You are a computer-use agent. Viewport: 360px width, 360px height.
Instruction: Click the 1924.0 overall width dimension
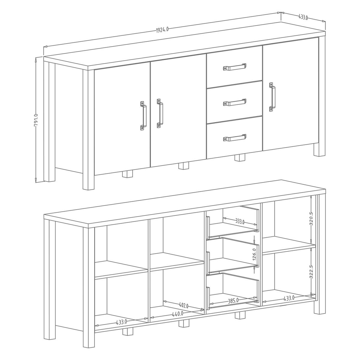coord(162,29)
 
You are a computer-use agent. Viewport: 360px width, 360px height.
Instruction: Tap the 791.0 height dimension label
coord(36,121)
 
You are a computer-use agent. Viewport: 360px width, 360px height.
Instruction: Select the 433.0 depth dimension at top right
coord(303,17)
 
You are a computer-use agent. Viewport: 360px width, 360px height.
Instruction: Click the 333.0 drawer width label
coord(240,222)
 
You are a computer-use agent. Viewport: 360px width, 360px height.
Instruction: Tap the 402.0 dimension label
coord(184,311)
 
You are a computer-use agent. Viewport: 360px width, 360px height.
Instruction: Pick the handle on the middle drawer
coord(235,102)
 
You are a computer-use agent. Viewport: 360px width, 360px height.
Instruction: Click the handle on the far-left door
coord(143,115)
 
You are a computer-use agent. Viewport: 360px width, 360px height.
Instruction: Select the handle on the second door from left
coord(160,113)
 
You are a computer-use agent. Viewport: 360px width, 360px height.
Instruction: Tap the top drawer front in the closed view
coord(235,67)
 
